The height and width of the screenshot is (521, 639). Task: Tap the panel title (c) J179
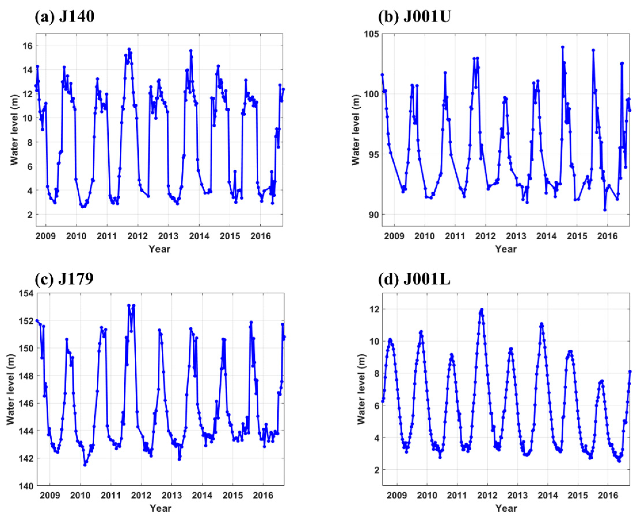64,279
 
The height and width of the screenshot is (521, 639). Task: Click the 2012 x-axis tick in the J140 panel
138,236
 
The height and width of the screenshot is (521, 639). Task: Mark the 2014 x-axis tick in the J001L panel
548,495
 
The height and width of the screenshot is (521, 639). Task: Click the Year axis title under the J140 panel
160,249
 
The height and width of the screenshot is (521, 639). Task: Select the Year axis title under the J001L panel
506,508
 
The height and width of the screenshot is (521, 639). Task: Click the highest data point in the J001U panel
563,47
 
